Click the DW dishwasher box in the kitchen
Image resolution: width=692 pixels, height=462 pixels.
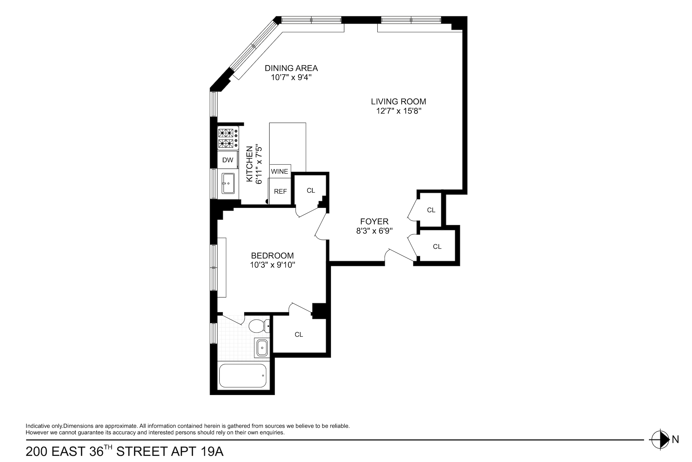[x=227, y=160]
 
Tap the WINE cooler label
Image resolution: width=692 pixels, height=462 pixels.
[x=279, y=171]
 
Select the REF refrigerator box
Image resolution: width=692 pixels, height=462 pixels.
[x=280, y=191]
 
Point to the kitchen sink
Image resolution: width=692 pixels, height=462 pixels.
[x=228, y=183]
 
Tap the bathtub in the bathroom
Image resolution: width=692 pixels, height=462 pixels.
[x=243, y=376]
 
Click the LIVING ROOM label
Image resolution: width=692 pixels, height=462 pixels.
[x=398, y=102]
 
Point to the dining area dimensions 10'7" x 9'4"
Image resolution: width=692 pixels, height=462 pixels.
[x=291, y=77]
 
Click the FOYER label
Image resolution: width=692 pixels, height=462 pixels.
[x=374, y=221]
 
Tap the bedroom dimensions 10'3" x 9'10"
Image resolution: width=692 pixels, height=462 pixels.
[x=272, y=265]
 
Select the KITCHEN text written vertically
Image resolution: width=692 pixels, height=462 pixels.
[x=249, y=164]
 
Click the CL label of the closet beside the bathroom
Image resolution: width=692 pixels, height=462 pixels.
[x=299, y=334]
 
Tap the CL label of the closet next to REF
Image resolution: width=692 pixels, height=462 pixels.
[x=311, y=191]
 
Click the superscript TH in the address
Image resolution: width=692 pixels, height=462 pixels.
[x=108, y=447]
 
